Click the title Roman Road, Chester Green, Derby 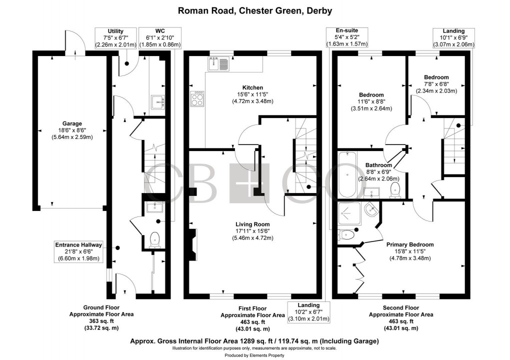pyautogui.click(x=255, y=10)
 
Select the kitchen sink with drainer pyautogui.click(x=218, y=63)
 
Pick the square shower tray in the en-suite pyautogui.click(x=350, y=213)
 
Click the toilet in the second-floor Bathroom pyautogui.click(x=394, y=189)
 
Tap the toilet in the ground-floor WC pyautogui.click(x=154, y=239)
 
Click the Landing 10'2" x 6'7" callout pyautogui.click(x=308, y=311)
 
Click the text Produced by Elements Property pyautogui.click(x=254, y=354)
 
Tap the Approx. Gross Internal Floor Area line pyautogui.click(x=254, y=341)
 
